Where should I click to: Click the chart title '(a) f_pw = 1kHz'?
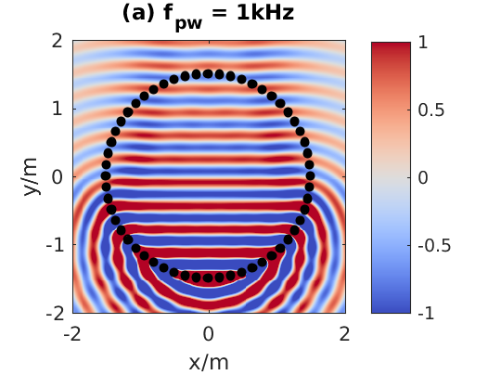pyautogui.click(x=208, y=16)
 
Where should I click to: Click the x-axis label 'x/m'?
pyautogui.click(x=208, y=360)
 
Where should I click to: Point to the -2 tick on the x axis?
pyautogui.click(x=72, y=334)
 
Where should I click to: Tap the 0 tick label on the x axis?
pyautogui.click(x=209, y=334)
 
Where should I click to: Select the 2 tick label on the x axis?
pyautogui.click(x=344, y=334)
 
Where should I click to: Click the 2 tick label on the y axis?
pyautogui.click(x=56, y=41)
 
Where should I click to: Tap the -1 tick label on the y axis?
pyautogui.click(x=52, y=245)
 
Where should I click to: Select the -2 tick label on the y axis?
pyautogui.click(x=52, y=313)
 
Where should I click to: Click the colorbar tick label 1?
pyautogui.click(x=423, y=42)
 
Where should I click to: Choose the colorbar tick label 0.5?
pyautogui.click(x=431, y=110)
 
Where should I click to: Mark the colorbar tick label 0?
pyautogui.click(x=423, y=177)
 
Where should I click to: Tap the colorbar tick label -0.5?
pyautogui.click(x=435, y=245)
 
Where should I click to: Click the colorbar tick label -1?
pyautogui.click(x=427, y=313)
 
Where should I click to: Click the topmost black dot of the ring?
pyautogui.click(x=208, y=73)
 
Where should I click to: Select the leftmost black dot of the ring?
pyautogui.click(x=105, y=175)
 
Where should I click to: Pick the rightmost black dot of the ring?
pyautogui.click(x=312, y=175)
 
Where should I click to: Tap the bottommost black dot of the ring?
pyautogui.click(x=208, y=278)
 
